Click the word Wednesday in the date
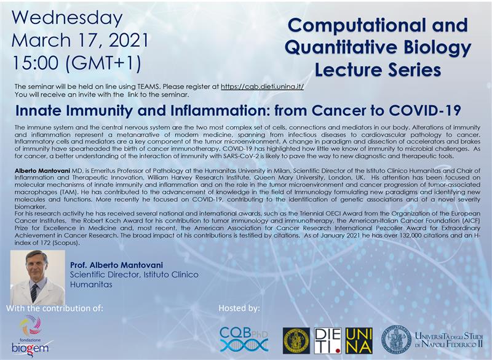[x=67, y=18]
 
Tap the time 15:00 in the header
[x=35, y=62]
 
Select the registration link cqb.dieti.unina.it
[x=263, y=87]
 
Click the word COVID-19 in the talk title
[x=424, y=110]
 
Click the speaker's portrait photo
[x=38, y=278]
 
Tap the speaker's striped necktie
[x=34, y=293]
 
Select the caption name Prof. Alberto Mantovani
[x=116, y=265]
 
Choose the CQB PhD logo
[x=244, y=339]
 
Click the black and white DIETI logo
[x=328, y=341]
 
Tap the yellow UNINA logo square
[x=359, y=341]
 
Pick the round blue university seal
[x=396, y=340]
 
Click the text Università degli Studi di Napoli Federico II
[x=449, y=340]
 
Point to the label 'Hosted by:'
[x=239, y=308]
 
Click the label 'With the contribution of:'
[x=55, y=308]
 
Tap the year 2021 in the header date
[x=129, y=40]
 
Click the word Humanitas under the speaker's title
[x=91, y=285]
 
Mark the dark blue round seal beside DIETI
[x=296, y=341]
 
